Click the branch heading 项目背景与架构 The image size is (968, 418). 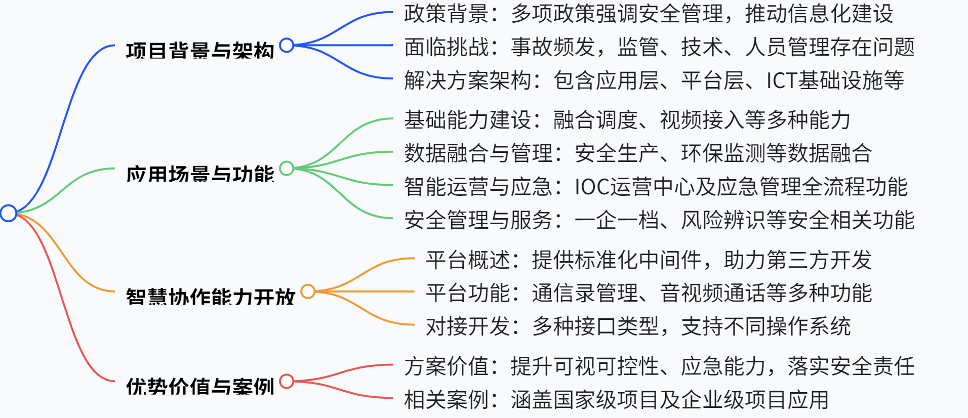click(200, 51)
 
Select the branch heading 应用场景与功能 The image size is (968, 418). click(200, 174)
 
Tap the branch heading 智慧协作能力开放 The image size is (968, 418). click(210, 297)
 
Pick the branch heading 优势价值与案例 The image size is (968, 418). click(200, 386)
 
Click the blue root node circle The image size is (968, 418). click(9, 213)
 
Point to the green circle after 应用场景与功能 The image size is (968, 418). click(287, 168)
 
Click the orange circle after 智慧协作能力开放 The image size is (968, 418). click(308, 291)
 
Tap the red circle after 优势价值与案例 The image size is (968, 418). click(287, 381)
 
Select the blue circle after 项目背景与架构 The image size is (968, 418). click(287, 45)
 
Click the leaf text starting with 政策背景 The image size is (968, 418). click(649, 14)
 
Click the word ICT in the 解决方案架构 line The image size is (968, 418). click(781, 80)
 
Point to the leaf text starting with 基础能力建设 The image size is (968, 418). click(627, 120)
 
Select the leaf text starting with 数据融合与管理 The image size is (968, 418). click(638, 153)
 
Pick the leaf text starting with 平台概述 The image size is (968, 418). click(649, 260)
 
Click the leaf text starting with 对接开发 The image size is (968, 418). click(638, 326)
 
